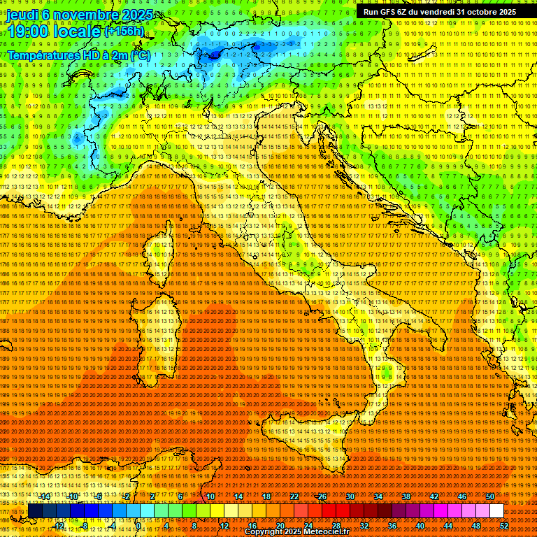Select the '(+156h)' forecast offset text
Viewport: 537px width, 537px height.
pyautogui.click(x=124, y=31)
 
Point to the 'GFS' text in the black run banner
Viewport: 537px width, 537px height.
pyautogui.click(x=392, y=12)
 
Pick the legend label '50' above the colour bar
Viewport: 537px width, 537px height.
pyautogui.click(x=490, y=496)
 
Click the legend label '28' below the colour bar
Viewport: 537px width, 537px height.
pyautogui.click(x=336, y=526)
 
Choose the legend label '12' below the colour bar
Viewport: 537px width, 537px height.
pyautogui.click(x=224, y=526)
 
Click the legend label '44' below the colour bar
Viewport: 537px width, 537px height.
pyautogui.click(x=448, y=526)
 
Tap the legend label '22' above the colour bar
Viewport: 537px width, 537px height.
pyautogui.click(x=294, y=496)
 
